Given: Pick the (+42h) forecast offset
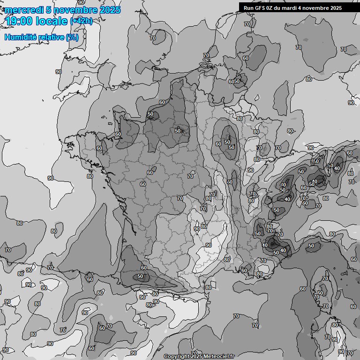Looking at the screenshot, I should click(81, 21).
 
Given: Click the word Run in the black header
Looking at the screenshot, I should click(249, 8).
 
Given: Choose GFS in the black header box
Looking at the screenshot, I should click(261, 8).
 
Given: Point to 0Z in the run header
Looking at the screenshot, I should click(272, 8).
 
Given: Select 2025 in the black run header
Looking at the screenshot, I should click(336, 8).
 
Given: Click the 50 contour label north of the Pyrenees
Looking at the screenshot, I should click(140, 277).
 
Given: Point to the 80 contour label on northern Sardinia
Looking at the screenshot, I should click(335, 325).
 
